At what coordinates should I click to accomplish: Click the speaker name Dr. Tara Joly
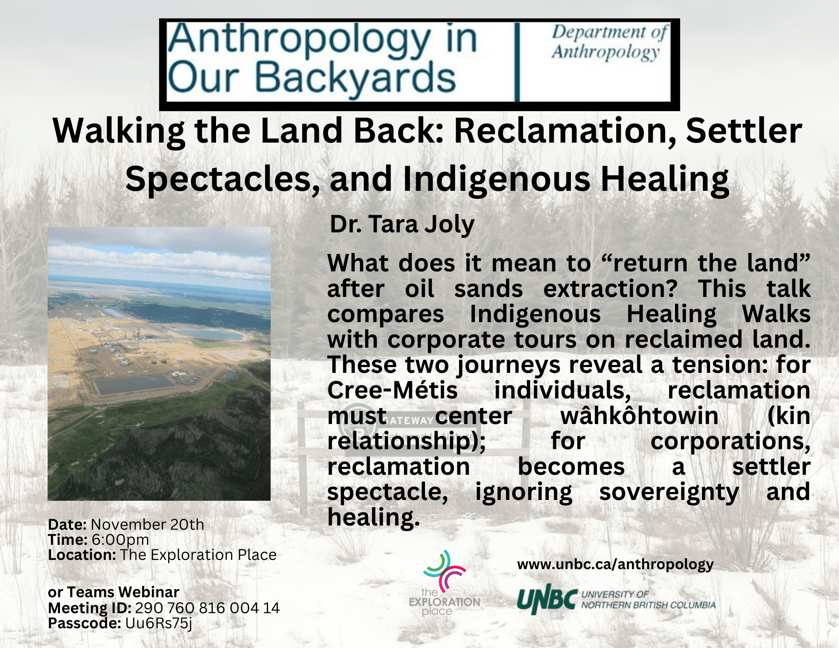(402, 224)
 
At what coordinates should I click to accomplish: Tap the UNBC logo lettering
(547, 599)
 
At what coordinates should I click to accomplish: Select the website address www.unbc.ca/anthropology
(615, 565)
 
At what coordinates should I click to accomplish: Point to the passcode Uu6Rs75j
(159, 623)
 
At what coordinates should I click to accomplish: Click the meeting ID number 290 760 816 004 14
(207, 608)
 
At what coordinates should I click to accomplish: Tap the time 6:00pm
(120, 540)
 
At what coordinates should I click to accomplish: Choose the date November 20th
(147, 524)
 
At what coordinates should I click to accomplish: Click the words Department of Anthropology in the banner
(609, 42)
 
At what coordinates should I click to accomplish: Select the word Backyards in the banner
(355, 78)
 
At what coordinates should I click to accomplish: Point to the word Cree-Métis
(392, 390)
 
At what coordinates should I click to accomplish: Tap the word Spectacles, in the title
(222, 179)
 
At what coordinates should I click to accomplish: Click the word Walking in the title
(119, 131)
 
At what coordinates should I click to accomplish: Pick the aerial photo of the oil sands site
(159, 364)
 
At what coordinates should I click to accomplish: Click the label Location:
(82, 555)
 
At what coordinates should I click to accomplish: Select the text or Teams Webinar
(114, 592)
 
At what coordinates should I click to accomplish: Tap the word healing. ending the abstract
(373, 518)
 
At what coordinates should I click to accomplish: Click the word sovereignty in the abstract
(669, 492)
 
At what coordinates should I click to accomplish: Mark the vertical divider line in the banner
(517, 62)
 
